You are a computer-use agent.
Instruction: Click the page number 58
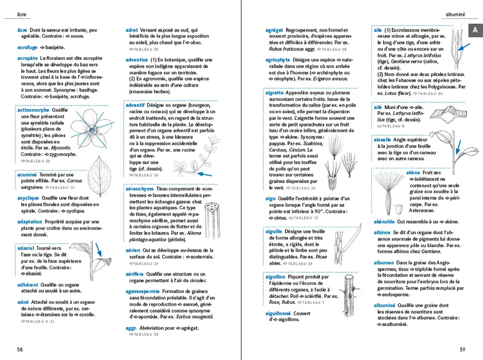[x=20, y=349]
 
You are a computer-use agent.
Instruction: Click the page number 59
[x=462, y=349]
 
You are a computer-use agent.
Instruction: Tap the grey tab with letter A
[x=476, y=32]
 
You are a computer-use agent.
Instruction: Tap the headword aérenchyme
[x=139, y=189]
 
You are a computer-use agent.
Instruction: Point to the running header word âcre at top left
[x=22, y=13]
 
